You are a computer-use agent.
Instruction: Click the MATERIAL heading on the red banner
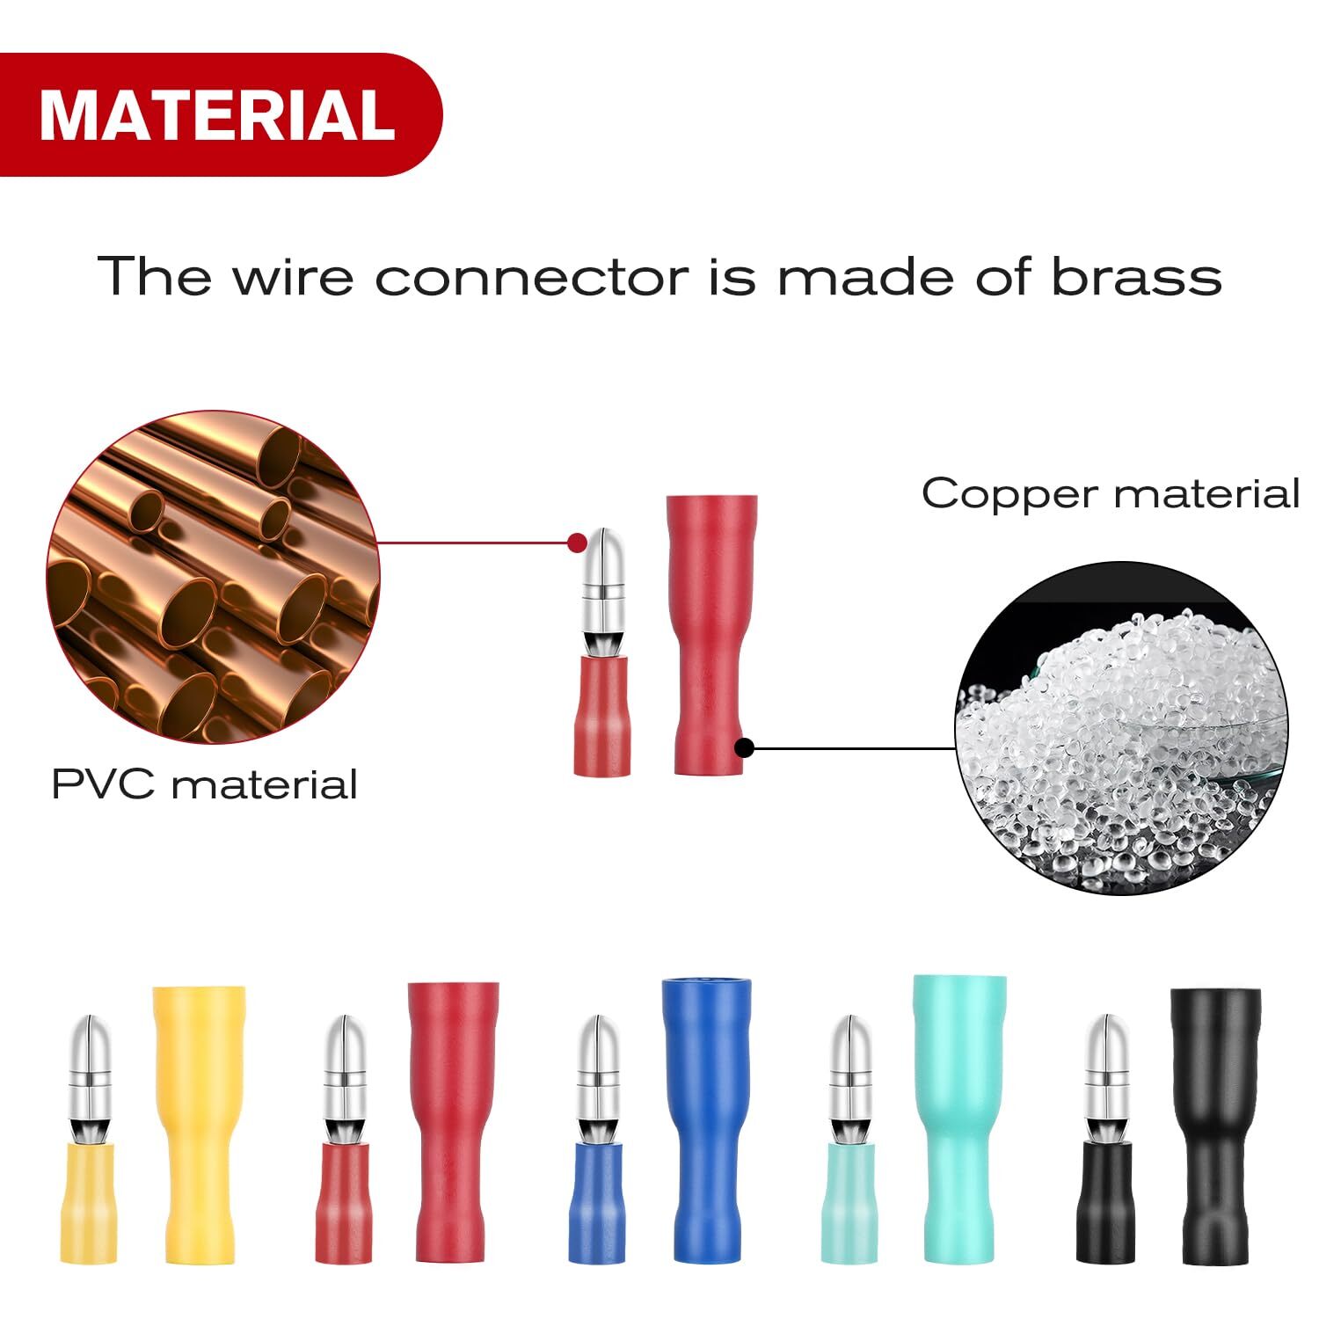click(x=216, y=115)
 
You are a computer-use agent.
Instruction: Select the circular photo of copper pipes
click(x=213, y=576)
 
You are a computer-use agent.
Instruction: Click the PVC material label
click(x=204, y=784)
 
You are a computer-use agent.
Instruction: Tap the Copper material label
click(x=1110, y=493)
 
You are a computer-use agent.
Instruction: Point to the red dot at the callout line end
click(x=577, y=543)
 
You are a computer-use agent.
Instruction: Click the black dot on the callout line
click(x=745, y=748)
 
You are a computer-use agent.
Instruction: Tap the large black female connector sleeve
click(x=1216, y=1126)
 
